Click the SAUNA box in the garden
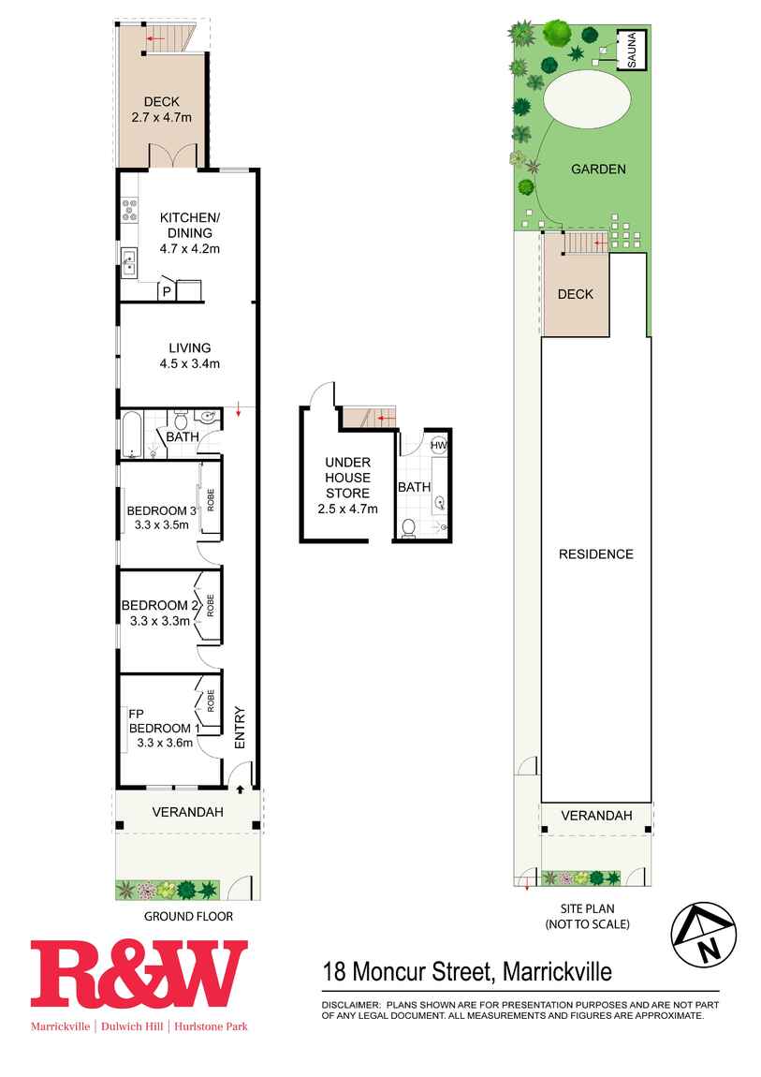pyautogui.click(x=631, y=50)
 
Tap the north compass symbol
pyautogui.click(x=703, y=935)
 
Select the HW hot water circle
pyautogui.click(x=438, y=445)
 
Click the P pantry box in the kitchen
pyautogui.click(x=166, y=291)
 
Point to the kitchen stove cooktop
pyautogui.click(x=129, y=210)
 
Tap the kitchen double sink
pyautogui.click(x=129, y=263)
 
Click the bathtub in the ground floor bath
pyautogui.click(x=132, y=435)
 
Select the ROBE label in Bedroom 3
pyautogui.click(x=211, y=499)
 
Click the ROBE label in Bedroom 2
pyautogui.click(x=211, y=606)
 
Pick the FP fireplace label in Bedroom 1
pyautogui.click(x=136, y=715)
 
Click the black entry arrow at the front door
pyautogui.click(x=240, y=789)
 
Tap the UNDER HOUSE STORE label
pyautogui.click(x=348, y=478)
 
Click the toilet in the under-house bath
pyautogui.click(x=408, y=528)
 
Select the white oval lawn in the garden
pyautogui.click(x=587, y=101)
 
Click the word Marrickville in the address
pyautogui.click(x=557, y=972)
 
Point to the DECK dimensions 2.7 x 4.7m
pyautogui.click(x=161, y=117)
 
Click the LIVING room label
pyautogui.click(x=190, y=347)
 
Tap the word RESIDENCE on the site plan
pyautogui.click(x=595, y=554)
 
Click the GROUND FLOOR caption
pyautogui.click(x=189, y=916)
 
